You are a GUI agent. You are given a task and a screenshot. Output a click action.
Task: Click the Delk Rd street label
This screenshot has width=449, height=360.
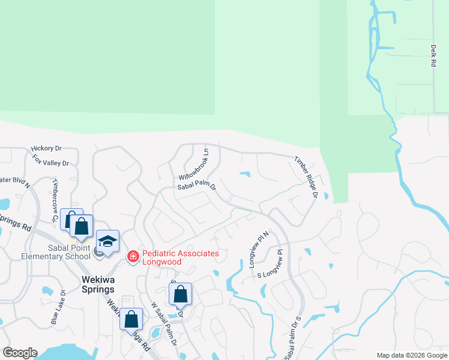tap(433, 55)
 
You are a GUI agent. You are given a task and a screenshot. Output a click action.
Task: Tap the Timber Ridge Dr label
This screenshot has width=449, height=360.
tap(305, 177)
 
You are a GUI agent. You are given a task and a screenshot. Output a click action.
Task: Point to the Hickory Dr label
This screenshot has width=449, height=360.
tap(47, 148)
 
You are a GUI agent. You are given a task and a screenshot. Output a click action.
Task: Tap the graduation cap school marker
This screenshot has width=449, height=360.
tap(108, 241)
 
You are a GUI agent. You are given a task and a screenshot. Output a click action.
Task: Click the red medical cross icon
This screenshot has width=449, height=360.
tap(133, 257)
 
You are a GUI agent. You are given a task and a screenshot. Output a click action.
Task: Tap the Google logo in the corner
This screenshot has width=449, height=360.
tap(20, 353)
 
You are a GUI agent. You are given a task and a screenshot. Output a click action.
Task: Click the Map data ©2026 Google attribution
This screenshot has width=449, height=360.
tap(411, 355)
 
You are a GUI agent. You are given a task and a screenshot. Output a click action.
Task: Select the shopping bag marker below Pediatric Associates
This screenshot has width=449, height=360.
tap(180, 294)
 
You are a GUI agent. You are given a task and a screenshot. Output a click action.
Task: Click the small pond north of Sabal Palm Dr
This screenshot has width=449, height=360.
tap(244, 175)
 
